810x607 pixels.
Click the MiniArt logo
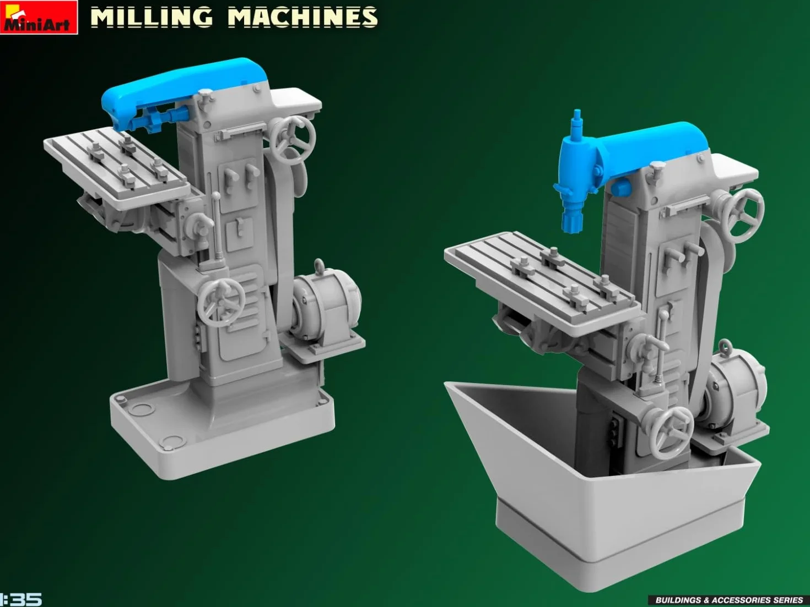(x=39, y=17)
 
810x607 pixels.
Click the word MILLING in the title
(x=152, y=17)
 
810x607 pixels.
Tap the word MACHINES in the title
(x=303, y=17)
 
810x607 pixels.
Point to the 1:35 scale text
(x=21, y=599)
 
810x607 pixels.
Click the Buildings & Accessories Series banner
(x=729, y=600)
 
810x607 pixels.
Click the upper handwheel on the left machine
(x=294, y=140)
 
